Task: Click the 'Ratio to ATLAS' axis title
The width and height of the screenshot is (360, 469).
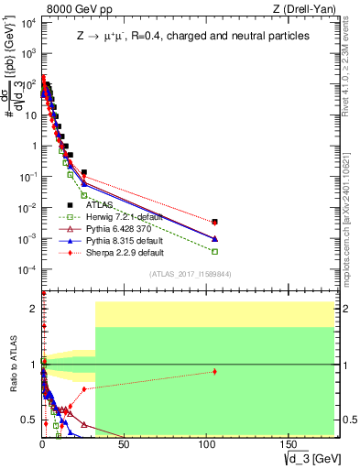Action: pos(13,364)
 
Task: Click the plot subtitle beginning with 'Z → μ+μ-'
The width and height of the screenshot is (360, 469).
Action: pos(191,36)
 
